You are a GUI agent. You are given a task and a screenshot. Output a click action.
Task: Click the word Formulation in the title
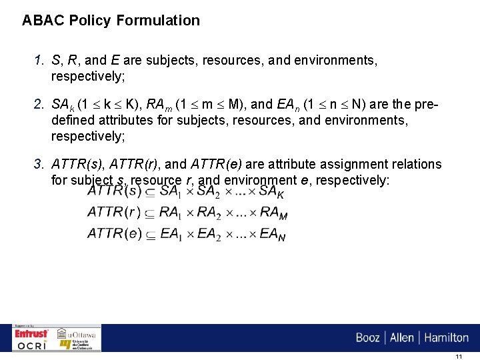pyautogui.click(x=158, y=21)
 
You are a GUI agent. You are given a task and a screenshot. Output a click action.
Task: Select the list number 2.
pyautogui.click(x=39, y=104)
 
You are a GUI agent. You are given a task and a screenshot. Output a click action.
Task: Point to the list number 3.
pyautogui.click(x=39, y=164)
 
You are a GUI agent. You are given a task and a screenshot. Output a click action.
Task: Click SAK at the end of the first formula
pyautogui.click(x=271, y=192)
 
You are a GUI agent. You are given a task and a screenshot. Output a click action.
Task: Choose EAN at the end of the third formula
pyautogui.click(x=273, y=235)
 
